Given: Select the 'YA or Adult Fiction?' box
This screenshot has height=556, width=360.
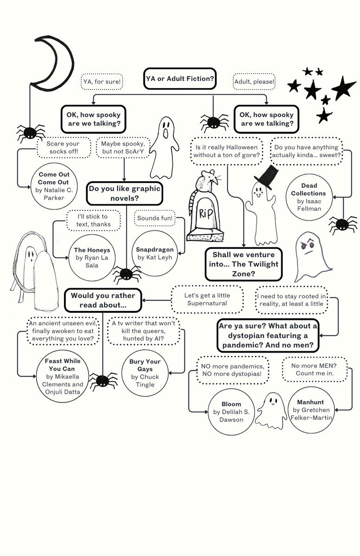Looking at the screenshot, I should point(180,79).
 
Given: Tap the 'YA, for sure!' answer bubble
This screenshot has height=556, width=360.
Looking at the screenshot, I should point(102,82).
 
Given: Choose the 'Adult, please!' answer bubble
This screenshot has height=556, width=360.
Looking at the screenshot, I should point(254,82).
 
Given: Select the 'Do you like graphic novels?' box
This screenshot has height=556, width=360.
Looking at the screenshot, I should point(125,194).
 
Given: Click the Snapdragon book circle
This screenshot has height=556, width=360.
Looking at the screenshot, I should point(155,253).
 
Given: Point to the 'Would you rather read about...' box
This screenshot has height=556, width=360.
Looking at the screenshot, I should point(103,300).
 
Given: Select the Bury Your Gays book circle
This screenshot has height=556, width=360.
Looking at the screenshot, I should point(145,373).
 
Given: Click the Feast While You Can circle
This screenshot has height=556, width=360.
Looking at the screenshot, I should point(63,376).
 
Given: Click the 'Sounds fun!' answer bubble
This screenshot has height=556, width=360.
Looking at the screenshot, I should point(155,218).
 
